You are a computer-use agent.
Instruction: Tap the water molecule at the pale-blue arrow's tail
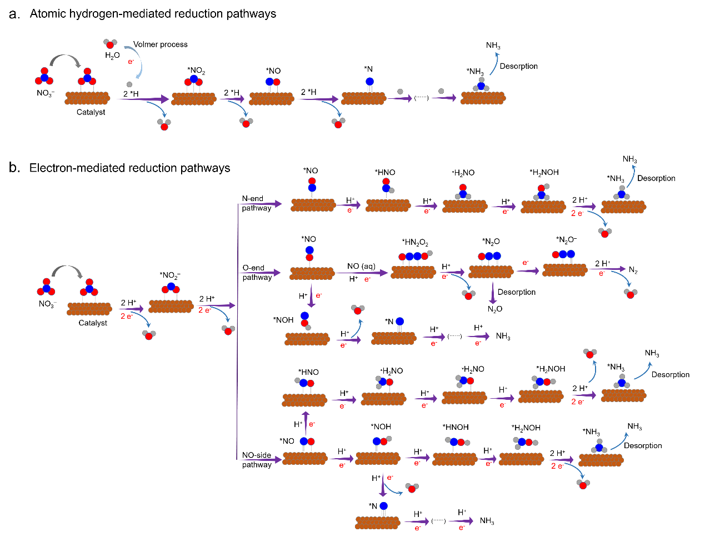point(110,43)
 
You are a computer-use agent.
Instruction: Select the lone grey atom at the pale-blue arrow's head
point(129,84)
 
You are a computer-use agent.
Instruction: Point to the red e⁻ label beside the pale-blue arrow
point(131,62)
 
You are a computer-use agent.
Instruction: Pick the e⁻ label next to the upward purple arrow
point(312,424)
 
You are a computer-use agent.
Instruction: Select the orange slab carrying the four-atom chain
point(413,272)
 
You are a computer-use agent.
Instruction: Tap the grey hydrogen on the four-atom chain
point(429,253)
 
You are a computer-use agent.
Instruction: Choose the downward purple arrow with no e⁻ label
point(492,292)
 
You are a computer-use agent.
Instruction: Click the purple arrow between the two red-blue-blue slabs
point(527,271)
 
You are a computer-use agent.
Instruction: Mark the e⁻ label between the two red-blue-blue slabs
point(526,263)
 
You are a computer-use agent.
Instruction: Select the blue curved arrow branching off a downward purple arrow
point(394,489)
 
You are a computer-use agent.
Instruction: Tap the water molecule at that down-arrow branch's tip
point(412,488)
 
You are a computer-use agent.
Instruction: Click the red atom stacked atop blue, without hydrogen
point(312,181)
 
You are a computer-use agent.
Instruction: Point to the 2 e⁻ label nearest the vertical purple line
point(204,310)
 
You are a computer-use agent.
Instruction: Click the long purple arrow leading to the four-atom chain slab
point(361,273)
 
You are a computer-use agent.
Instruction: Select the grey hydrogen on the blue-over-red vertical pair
point(308,327)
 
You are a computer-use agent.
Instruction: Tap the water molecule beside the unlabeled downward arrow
point(468,294)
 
